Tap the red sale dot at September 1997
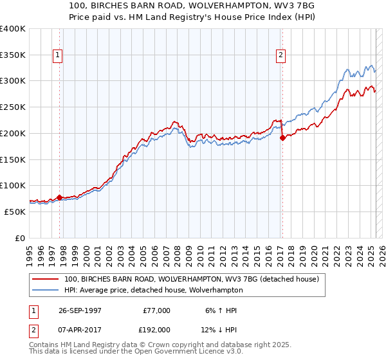point(60,198)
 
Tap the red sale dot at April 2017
point(282,138)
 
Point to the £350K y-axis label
point(13,55)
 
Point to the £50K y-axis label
point(15,212)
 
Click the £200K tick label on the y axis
point(13,133)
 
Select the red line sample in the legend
point(45,280)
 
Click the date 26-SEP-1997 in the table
point(80,310)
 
